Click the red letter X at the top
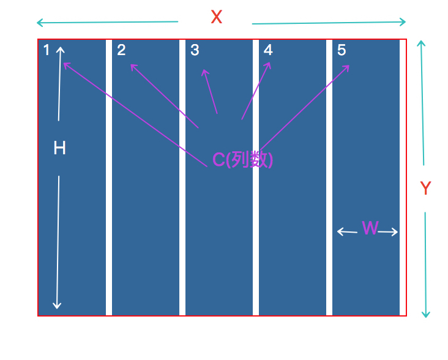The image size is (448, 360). point(216,17)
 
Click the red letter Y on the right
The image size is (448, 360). point(426,189)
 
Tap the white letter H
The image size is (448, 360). point(59,148)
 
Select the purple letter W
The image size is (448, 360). point(370,228)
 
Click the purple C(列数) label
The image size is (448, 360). point(242,159)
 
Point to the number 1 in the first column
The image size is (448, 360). point(47,50)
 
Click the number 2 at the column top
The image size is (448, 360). point(121,50)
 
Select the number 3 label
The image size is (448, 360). point(195,50)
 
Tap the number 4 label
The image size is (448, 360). point(268,50)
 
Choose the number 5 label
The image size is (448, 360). point(342,50)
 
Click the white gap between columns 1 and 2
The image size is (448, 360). point(109,178)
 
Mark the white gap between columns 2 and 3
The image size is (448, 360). point(182,178)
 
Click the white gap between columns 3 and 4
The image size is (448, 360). point(256,178)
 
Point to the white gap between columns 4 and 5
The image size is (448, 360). point(329,178)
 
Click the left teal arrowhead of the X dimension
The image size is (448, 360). point(39,23)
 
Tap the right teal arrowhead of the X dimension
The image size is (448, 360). point(403,22)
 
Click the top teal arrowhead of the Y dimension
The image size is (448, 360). point(420,43)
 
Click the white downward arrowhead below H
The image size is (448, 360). point(57,305)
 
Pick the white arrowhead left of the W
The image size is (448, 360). point(340,231)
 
